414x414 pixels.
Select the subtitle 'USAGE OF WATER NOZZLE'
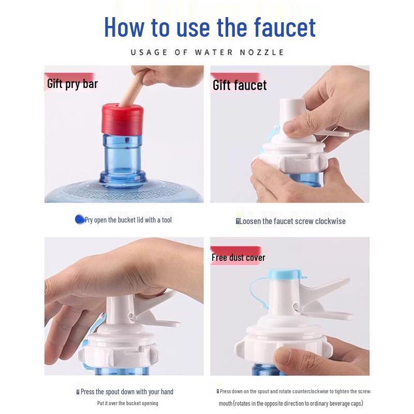pyautogui.click(x=207, y=52)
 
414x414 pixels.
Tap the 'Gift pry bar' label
pyautogui.click(x=72, y=84)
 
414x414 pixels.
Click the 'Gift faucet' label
pyautogui.click(x=240, y=85)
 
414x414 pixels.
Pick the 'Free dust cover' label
pyautogui.click(x=238, y=257)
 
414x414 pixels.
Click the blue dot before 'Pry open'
pyautogui.click(x=80, y=219)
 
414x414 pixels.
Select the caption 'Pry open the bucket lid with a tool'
pyautogui.click(x=128, y=220)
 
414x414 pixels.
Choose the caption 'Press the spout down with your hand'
pyautogui.click(x=127, y=392)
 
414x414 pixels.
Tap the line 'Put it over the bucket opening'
pyautogui.click(x=127, y=403)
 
